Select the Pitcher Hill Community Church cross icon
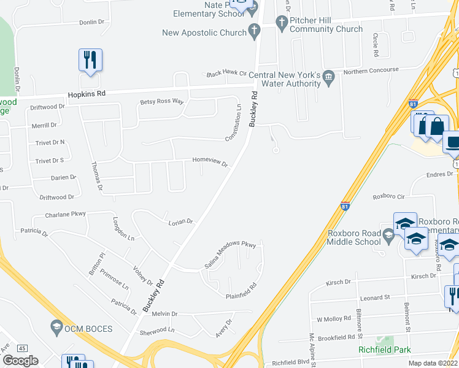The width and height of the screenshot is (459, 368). point(282,24)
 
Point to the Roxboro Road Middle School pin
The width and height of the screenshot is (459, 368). point(388,235)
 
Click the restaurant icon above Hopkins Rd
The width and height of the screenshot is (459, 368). point(90,61)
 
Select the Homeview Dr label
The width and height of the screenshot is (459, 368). point(210,161)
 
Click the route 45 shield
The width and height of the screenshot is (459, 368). point(22,348)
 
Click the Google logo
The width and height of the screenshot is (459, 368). point(21,361)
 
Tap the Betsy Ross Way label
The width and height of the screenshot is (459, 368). point(162,102)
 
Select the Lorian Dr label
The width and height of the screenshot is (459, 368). point(180,222)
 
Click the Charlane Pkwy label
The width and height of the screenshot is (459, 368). point(65,215)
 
